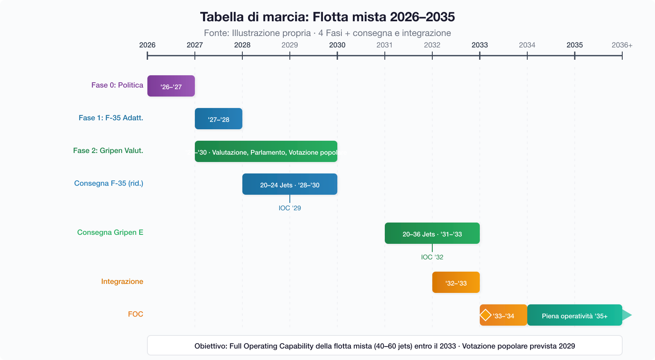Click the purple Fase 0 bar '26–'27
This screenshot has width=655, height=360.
(171, 86)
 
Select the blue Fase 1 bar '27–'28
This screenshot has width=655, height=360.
(219, 119)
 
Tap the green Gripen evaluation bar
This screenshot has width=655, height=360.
(266, 151)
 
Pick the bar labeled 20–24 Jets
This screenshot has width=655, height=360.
(290, 184)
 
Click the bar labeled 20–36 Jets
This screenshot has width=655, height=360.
(432, 233)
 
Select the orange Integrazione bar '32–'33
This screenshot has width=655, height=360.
(456, 282)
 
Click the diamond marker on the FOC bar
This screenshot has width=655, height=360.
(486, 315)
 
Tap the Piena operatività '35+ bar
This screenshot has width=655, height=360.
(575, 315)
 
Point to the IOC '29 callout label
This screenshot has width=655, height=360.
(290, 208)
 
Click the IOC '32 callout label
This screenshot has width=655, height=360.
(432, 257)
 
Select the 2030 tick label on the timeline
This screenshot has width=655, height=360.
(337, 45)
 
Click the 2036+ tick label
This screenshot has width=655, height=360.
(622, 45)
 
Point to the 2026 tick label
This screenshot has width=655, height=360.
(147, 45)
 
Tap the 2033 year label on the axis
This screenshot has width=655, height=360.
(480, 45)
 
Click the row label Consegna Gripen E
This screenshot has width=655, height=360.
(110, 232)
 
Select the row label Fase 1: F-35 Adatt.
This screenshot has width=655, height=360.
(111, 118)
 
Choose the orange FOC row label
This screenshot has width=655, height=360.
(136, 314)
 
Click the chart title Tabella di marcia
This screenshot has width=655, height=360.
(327, 17)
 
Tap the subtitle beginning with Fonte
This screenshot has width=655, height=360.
(327, 33)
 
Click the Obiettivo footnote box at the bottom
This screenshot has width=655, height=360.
(385, 346)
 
